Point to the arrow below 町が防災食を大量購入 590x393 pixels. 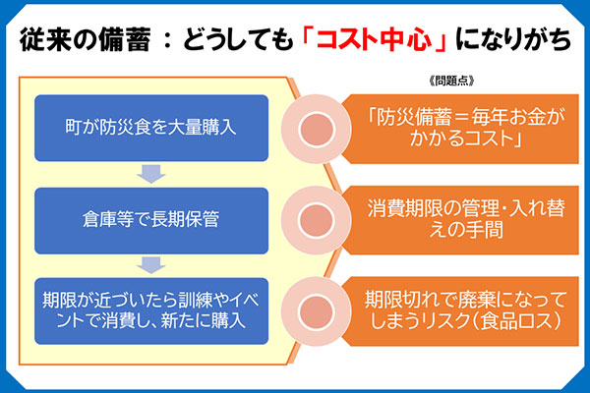[x=150, y=174]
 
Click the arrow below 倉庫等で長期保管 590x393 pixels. [x=150, y=264]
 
